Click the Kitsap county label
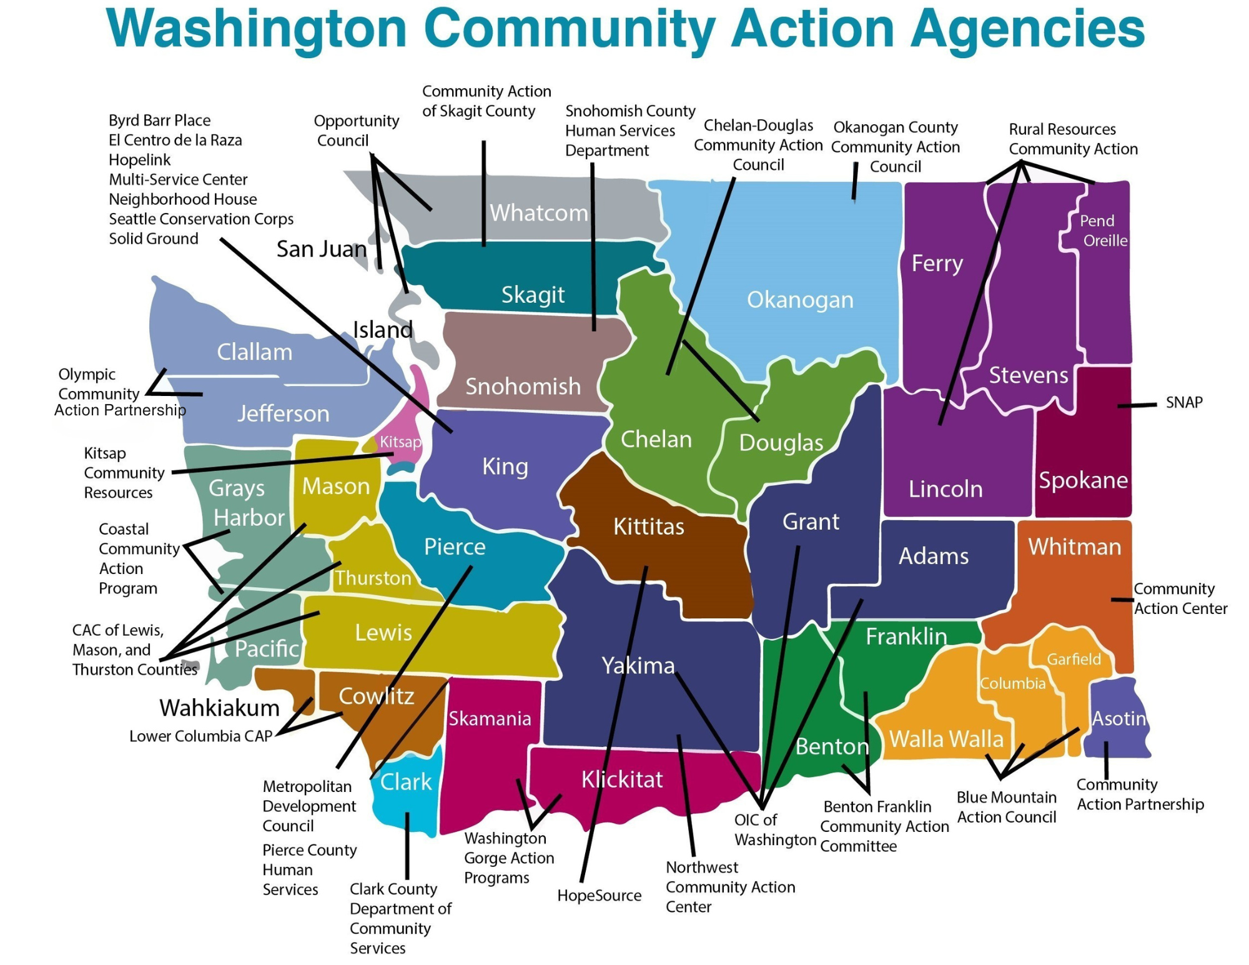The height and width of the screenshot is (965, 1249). click(x=400, y=442)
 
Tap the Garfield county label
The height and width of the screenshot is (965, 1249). click(x=1074, y=659)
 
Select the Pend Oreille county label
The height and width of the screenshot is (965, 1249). click(x=1103, y=230)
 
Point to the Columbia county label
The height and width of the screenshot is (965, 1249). click(x=1012, y=683)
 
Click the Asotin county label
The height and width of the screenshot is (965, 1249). click(x=1118, y=718)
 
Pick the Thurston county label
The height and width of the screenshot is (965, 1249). click(x=373, y=578)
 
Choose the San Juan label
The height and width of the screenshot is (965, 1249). click(x=322, y=249)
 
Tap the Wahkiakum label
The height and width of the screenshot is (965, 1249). click(x=219, y=708)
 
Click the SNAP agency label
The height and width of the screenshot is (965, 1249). click(x=1183, y=402)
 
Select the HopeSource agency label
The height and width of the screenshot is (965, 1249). click(x=599, y=895)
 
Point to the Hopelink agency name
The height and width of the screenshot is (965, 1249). click(x=139, y=160)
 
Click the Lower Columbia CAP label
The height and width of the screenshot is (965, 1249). click(x=200, y=736)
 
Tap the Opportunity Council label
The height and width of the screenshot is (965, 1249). click(x=356, y=131)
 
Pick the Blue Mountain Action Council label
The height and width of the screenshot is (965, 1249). click(x=1006, y=807)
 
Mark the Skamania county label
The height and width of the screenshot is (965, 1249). click(x=490, y=718)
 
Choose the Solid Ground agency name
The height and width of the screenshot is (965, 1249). click(x=154, y=239)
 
